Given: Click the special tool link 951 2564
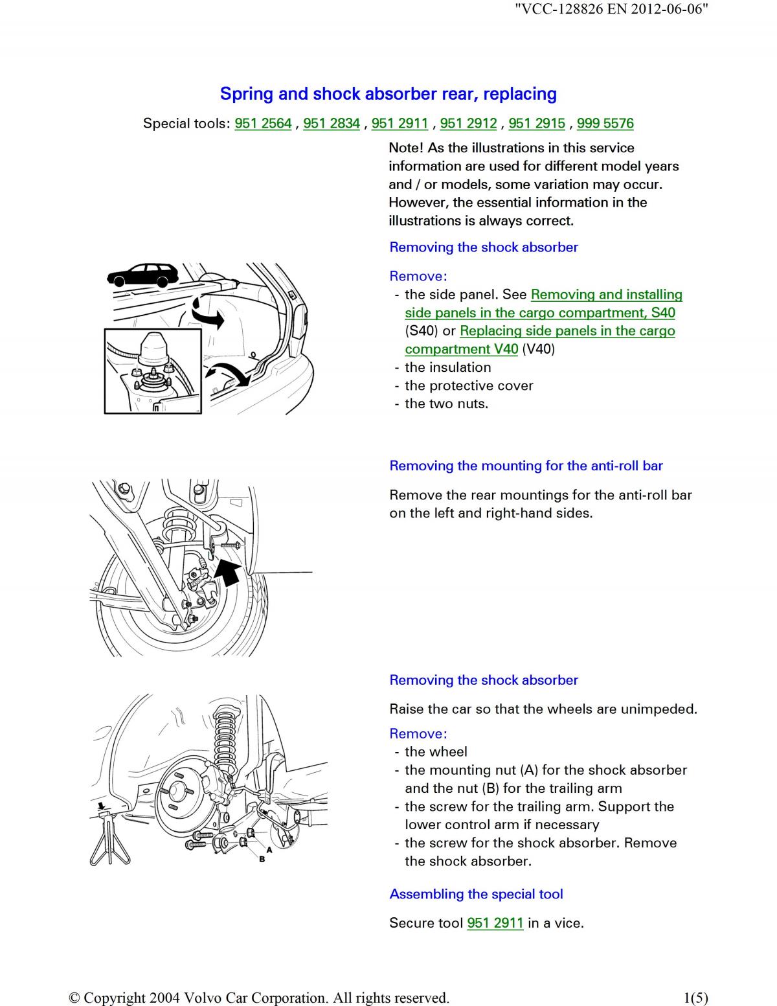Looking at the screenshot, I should tap(263, 123).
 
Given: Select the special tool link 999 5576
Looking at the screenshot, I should tap(605, 123).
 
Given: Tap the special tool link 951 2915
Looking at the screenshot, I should tap(537, 123).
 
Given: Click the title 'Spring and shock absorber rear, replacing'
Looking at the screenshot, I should tap(388, 94).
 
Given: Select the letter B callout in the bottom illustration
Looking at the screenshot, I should tap(262, 860).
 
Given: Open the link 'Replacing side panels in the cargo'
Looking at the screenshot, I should tap(567, 331).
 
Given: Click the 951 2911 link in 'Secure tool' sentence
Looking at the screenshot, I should tap(495, 922).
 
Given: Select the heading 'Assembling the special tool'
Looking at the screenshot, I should tap(476, 894).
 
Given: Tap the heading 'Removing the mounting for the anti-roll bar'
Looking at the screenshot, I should tap(526, 466).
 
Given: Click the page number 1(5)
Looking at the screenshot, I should tap(695, 998).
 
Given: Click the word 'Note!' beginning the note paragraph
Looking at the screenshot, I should tap(406, 148).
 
